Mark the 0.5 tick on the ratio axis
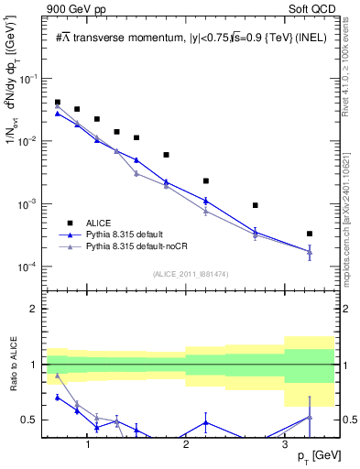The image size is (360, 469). tap(32, 420)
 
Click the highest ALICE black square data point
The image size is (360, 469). tap(58, 103)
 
